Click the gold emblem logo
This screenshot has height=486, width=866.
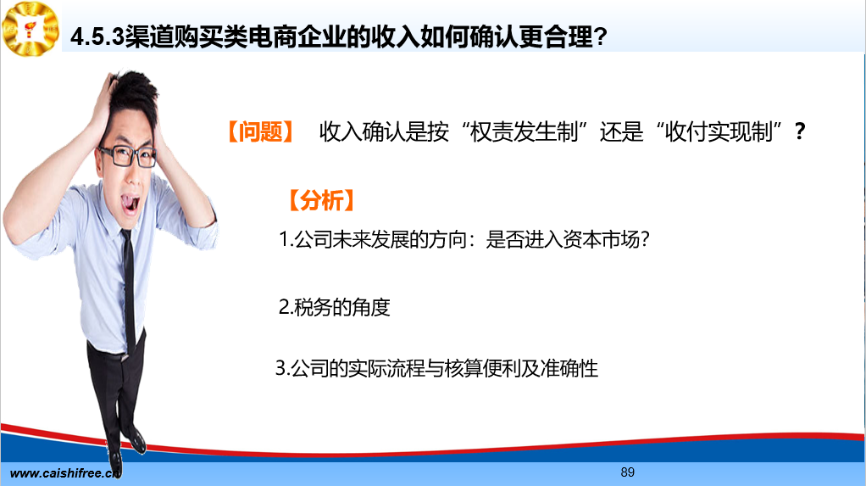(x=31, y=29)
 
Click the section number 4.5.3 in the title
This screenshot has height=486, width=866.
(x=97, y=37)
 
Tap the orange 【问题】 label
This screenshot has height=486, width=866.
(x=261, y=131)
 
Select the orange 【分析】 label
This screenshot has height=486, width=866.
(x=321, y=200)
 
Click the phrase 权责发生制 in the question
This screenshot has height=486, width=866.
(x=524, y=131)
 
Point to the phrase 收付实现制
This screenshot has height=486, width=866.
(x=718, y=131)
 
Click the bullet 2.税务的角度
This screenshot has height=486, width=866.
(x=334, y=307)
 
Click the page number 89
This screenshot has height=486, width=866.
(x=627, y=472)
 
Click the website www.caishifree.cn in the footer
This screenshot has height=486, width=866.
(x=65, y=473)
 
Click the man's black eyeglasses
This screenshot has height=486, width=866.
(x=127, y=156)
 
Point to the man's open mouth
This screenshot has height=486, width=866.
(x=130, y=204)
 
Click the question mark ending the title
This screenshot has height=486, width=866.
(x=600, y=37)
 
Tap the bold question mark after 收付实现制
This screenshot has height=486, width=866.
(x=800, y=131)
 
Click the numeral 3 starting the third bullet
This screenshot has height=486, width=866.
(x=280, y=368)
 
